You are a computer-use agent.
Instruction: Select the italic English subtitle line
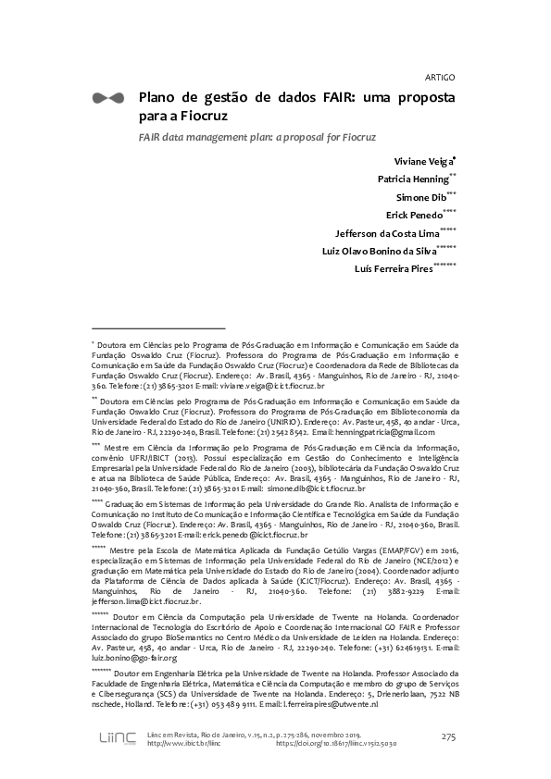pyautogui.click(x=257, y=137)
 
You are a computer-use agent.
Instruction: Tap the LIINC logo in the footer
pyautogui.click(x=117, y=737)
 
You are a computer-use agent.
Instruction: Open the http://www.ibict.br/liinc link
pyautogui.click(x=183, y=742)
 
